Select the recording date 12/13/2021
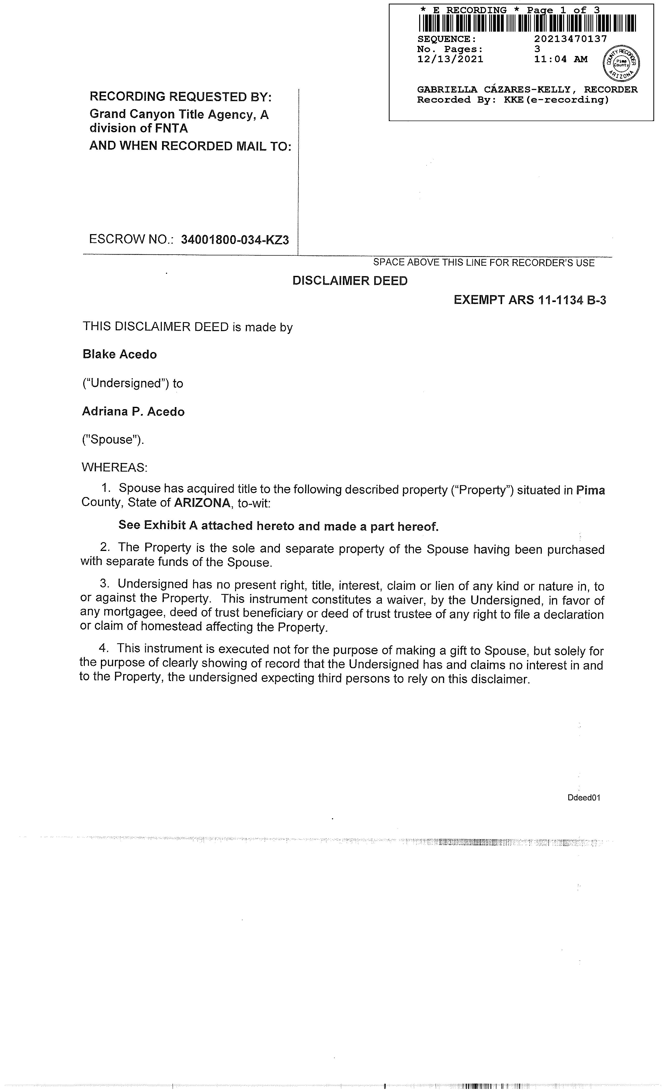[x=450, y=59]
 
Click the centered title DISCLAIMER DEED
[x=350, y=281]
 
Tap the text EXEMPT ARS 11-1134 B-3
[x=530, y=300]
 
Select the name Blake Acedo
[x=120, y=354]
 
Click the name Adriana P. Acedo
[x=133, y=411]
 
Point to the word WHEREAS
[x=114, y=467]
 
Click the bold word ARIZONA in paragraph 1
[x=202, y=503]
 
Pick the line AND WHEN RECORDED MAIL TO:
[x=190, y=146]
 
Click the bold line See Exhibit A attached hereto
[x=278, y=526]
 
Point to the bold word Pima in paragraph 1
[x=591, y=490]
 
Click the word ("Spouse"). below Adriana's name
[x=113, y=440]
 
